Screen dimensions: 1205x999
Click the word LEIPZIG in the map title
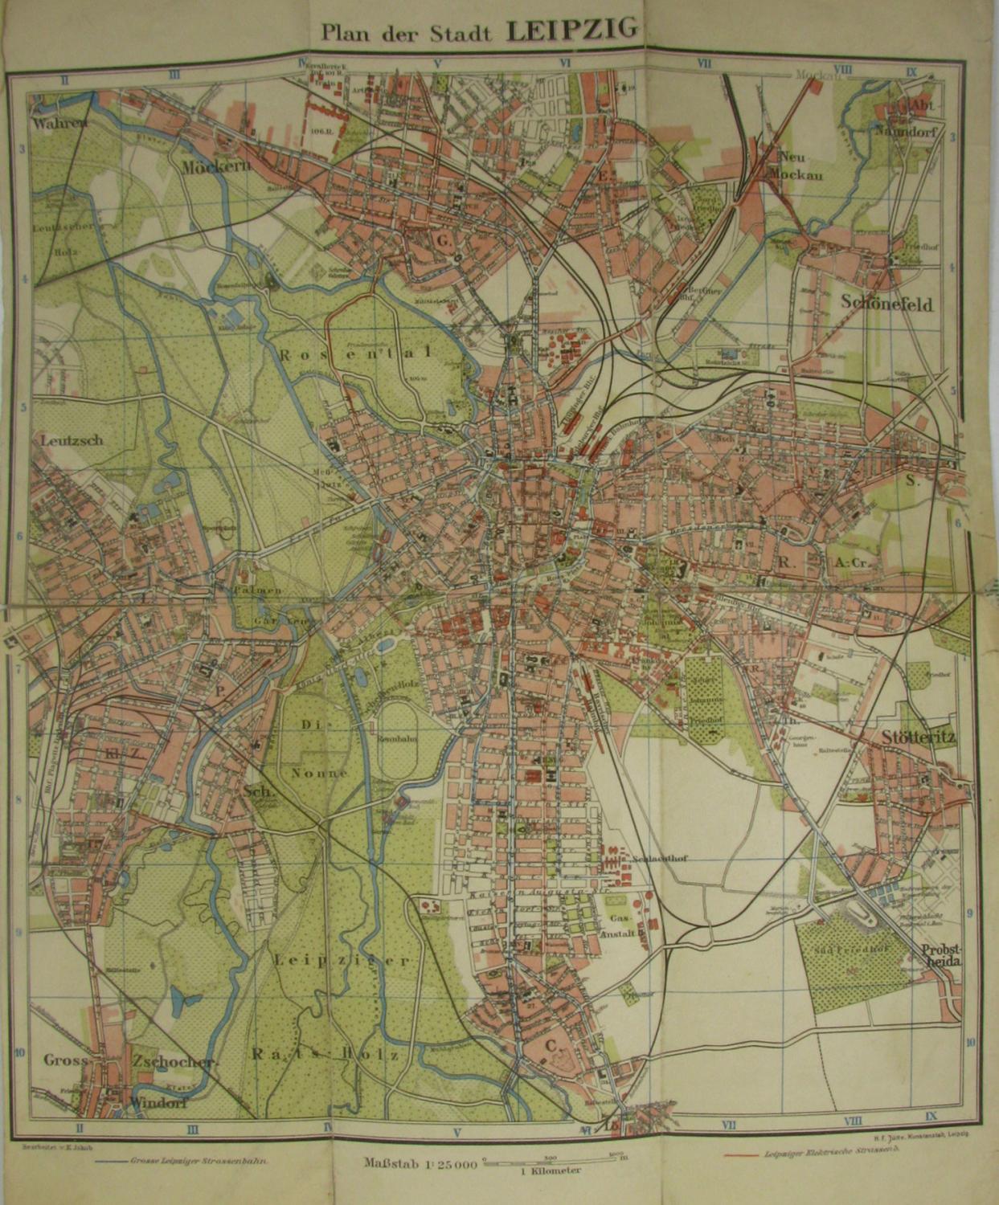[572, 30]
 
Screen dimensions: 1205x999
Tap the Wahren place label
[58, 125]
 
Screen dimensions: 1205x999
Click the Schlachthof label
[661, 857]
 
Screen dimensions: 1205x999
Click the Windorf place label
[159, 1103]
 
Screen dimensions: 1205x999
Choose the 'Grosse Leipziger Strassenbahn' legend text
[194, 1161]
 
